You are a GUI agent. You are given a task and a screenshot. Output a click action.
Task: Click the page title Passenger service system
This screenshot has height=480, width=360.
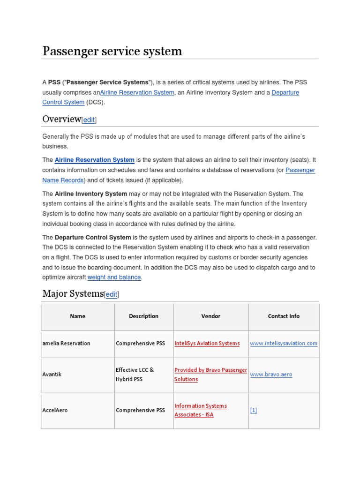pos(112,51)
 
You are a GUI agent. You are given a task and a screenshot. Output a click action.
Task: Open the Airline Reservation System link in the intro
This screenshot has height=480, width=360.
pos(137,93)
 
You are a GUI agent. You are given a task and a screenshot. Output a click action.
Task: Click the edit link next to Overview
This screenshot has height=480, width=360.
pos(89,120)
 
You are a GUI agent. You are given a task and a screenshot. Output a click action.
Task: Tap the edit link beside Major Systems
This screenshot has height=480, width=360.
pos(112,294)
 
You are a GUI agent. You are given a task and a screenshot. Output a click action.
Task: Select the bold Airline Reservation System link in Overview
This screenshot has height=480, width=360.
pos(94,160)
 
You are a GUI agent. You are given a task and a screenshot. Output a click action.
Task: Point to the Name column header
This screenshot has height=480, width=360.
pos(78,316)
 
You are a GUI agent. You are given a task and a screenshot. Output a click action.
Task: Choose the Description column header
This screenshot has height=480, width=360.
pos(143,316)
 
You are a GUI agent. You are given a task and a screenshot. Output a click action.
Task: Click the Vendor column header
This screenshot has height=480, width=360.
pos(210,316)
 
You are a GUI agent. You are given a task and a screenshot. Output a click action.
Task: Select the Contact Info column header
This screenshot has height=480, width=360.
pos(284,316)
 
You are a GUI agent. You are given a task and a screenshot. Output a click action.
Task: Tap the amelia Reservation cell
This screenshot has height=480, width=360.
pos(66,344)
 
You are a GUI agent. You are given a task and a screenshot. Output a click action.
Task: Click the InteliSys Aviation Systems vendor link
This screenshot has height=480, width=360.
pos(207,344)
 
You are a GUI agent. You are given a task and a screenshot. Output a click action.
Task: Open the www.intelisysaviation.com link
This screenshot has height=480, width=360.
pos(284,344)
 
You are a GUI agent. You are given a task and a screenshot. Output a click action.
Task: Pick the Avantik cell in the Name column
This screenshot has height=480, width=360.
pos(52,375)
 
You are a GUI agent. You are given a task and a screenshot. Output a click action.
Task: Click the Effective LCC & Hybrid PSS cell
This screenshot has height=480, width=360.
pos(135,375)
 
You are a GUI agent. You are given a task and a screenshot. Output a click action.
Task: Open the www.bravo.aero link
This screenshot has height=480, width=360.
pos(271,375)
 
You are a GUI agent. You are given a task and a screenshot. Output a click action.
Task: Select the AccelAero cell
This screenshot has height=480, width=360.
pos(55,410)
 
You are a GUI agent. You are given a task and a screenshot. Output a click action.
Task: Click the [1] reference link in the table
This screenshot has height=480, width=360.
pos(254,410)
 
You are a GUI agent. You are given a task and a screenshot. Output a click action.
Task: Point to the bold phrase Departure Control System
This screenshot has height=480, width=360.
pos(93,237)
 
